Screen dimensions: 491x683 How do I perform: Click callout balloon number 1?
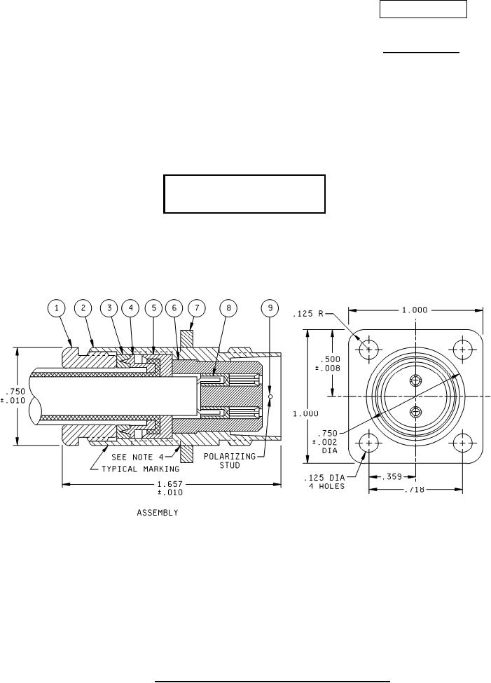point(57,308)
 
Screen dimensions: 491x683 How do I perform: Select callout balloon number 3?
point(109,308)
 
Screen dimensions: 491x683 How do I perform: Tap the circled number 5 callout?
point(153,308)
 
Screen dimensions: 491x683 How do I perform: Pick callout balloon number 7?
point(197,308)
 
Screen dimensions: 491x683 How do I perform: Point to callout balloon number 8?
point(229,308)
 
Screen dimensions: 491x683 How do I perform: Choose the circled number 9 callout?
point(270,308)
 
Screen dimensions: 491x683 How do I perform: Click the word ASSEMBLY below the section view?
point(158,513)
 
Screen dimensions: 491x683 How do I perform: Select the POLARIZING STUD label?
point(230,460)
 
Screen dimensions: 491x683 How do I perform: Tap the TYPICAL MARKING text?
point(140,469)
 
